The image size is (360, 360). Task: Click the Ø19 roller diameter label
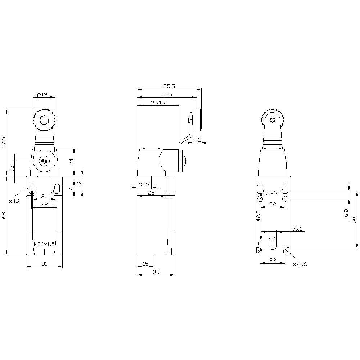coord(42,95)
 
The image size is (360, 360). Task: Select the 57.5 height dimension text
coord(4,142)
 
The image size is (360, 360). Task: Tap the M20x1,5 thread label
coord(44,244)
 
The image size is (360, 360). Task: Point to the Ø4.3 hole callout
coord(14,201)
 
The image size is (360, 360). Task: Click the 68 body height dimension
coord(4,216)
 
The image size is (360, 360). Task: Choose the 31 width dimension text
coord(44,264)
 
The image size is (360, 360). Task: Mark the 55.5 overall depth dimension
coord(169,86)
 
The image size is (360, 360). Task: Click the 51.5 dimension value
coord(166,95)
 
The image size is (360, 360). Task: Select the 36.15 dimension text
coord(158,103)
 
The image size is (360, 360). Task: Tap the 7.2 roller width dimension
coord(197,139)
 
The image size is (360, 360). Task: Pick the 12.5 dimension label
coord(144,185)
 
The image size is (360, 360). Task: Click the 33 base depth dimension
coord(156,273)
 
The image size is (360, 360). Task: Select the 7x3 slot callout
coord(297,229)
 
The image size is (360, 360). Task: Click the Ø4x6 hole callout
coord(300,264)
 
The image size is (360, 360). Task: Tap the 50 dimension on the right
coord(354,220)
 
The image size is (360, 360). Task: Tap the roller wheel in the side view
coord(197,121)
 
